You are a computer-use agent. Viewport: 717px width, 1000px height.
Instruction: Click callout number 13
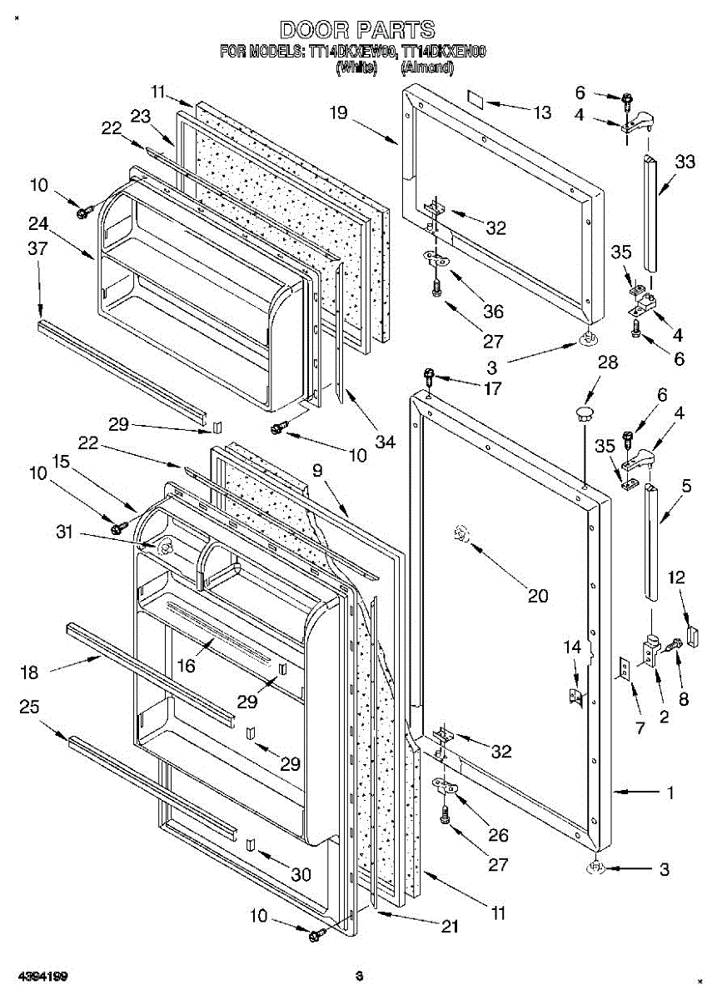pos(542,112)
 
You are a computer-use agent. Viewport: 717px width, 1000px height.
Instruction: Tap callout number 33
pos(685,162)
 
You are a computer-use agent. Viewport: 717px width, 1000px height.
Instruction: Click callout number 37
pos(37,247)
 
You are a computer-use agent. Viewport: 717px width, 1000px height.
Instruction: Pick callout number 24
pos(37,222)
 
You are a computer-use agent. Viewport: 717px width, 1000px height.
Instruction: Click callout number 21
pos(450,926)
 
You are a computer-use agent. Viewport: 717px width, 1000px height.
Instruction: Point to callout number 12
pos(676,577)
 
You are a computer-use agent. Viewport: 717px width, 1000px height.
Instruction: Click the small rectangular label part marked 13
pos(475,99)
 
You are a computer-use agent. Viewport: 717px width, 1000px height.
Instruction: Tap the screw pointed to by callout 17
pos(430,376)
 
